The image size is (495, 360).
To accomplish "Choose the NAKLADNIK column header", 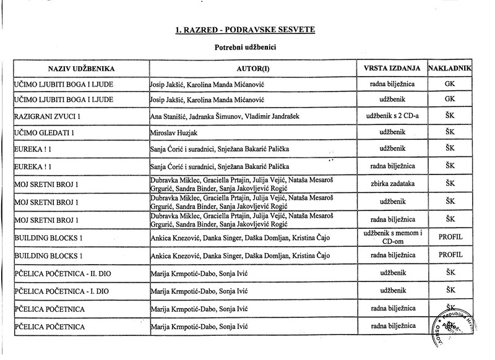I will click(x=450, y=67).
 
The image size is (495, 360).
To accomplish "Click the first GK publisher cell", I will click(x=450, y=82).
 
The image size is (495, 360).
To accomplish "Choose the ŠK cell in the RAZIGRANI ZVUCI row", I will click(x=450, y=116).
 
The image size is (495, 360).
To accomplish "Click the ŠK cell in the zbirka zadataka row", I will click(x=450, y=184).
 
